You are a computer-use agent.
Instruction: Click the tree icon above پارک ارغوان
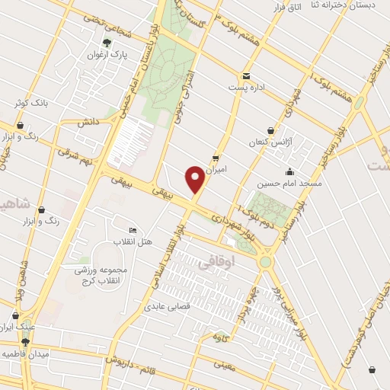point(107,43)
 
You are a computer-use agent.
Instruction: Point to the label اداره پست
point(249,87)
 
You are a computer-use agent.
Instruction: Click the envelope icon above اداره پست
point(247,75)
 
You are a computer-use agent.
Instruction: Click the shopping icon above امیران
point(216,158)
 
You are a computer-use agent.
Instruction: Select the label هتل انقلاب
point(134,242)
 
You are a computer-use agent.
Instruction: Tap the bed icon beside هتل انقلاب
point(133,231)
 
